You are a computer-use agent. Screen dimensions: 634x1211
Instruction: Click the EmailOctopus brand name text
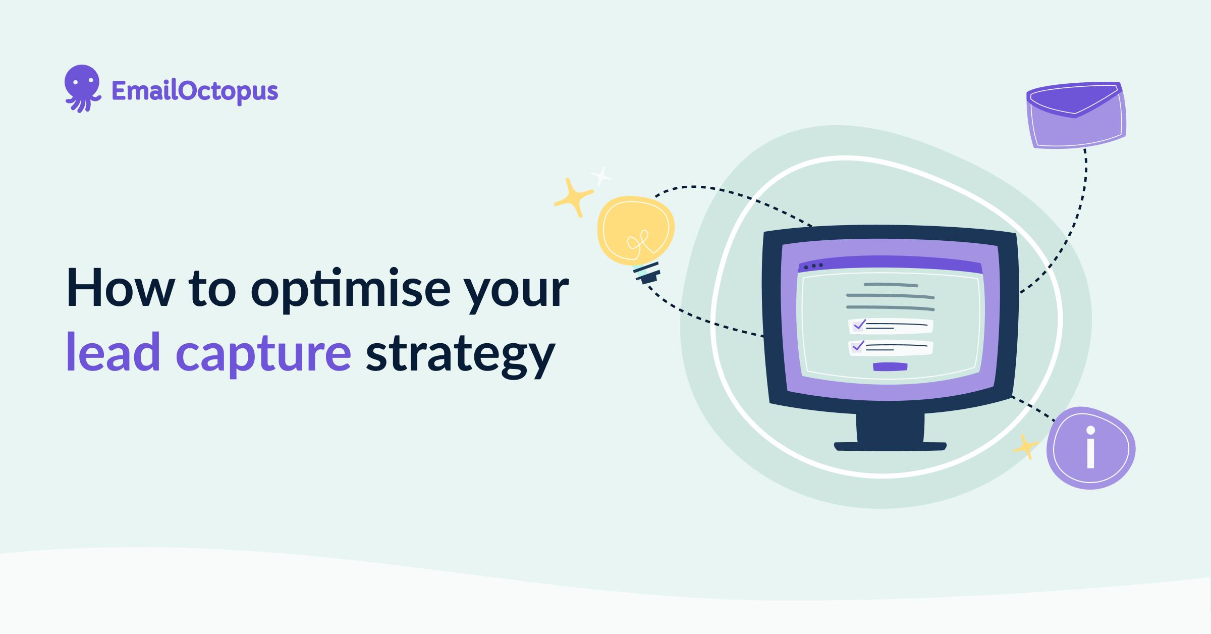click(195, 91)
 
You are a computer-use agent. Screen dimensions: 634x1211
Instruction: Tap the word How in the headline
click(121, 288)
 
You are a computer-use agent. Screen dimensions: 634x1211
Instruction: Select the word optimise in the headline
click(351, 289)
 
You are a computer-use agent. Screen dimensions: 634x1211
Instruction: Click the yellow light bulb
click(636, 230)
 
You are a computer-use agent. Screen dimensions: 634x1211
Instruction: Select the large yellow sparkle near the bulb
click(573, 197)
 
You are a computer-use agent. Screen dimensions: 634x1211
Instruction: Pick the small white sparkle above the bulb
click(601, 176)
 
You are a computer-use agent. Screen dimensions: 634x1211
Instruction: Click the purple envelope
click(1076, 116)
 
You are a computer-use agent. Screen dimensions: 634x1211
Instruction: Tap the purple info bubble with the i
click(1091, 448)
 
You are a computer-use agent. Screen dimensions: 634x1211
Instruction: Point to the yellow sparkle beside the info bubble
click(1026, 447)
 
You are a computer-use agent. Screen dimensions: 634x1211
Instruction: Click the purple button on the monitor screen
click(890, 367)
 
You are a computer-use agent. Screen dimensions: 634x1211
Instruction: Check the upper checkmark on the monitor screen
click(859, 325)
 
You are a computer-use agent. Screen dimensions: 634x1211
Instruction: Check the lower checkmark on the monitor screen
click(858, 346)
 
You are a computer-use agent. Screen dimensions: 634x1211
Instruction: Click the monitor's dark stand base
click(890, 446)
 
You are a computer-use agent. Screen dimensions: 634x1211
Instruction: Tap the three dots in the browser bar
click(813, 266)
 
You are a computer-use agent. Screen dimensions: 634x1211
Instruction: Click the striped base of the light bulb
click(647, 273)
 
